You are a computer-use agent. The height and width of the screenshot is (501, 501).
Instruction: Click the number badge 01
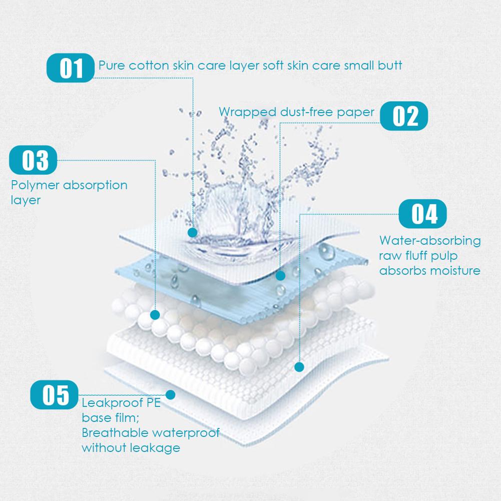[x=70, y=69]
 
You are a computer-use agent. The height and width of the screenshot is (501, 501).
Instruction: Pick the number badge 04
[x=423, y=214]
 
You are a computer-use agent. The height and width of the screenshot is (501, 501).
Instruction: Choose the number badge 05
[x=56, y=394]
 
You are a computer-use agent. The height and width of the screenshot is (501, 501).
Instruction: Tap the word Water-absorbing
[x=429, y=241]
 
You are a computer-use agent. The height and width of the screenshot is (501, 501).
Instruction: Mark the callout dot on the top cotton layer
[x=192, y=233]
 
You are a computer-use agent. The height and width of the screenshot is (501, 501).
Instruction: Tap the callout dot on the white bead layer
[x=155, y=315]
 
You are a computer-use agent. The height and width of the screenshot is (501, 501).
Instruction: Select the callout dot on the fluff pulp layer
[x=299, y=367]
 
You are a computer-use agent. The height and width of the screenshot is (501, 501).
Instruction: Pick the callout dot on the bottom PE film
[x=171, y=394]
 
